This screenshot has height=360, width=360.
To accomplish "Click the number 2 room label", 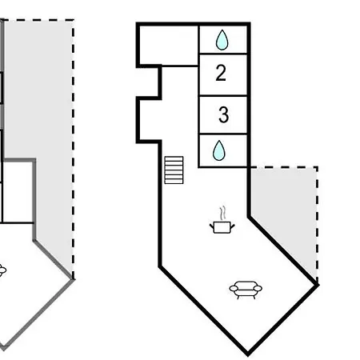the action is pos(221,73).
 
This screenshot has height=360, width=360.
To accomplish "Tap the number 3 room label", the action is pos(223,114).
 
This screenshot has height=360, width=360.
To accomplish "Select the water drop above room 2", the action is pos(222,40).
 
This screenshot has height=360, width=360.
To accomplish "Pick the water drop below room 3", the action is pos(219,150).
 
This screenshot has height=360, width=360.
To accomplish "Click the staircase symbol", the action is pos(174,170).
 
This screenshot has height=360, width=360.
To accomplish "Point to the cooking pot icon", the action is pos(222,227).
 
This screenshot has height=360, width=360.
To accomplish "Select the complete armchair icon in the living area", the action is pos(246,290).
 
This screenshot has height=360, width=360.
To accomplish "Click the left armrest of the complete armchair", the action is pos(234,288).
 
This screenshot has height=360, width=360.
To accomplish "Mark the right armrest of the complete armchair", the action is pos(258,288).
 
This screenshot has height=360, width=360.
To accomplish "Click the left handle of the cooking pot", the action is pos(212,226).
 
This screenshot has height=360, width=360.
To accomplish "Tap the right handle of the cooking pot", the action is pos(232,226).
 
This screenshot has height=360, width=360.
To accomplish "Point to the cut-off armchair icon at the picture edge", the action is pos(2,270).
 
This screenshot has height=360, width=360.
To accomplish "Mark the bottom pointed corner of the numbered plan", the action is pos(248,355).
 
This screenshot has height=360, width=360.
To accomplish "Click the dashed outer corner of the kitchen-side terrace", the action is pos(317,167).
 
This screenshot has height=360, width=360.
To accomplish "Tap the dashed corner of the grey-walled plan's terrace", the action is pos(73,20).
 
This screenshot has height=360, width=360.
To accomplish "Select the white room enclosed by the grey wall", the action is pos(17,192).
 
